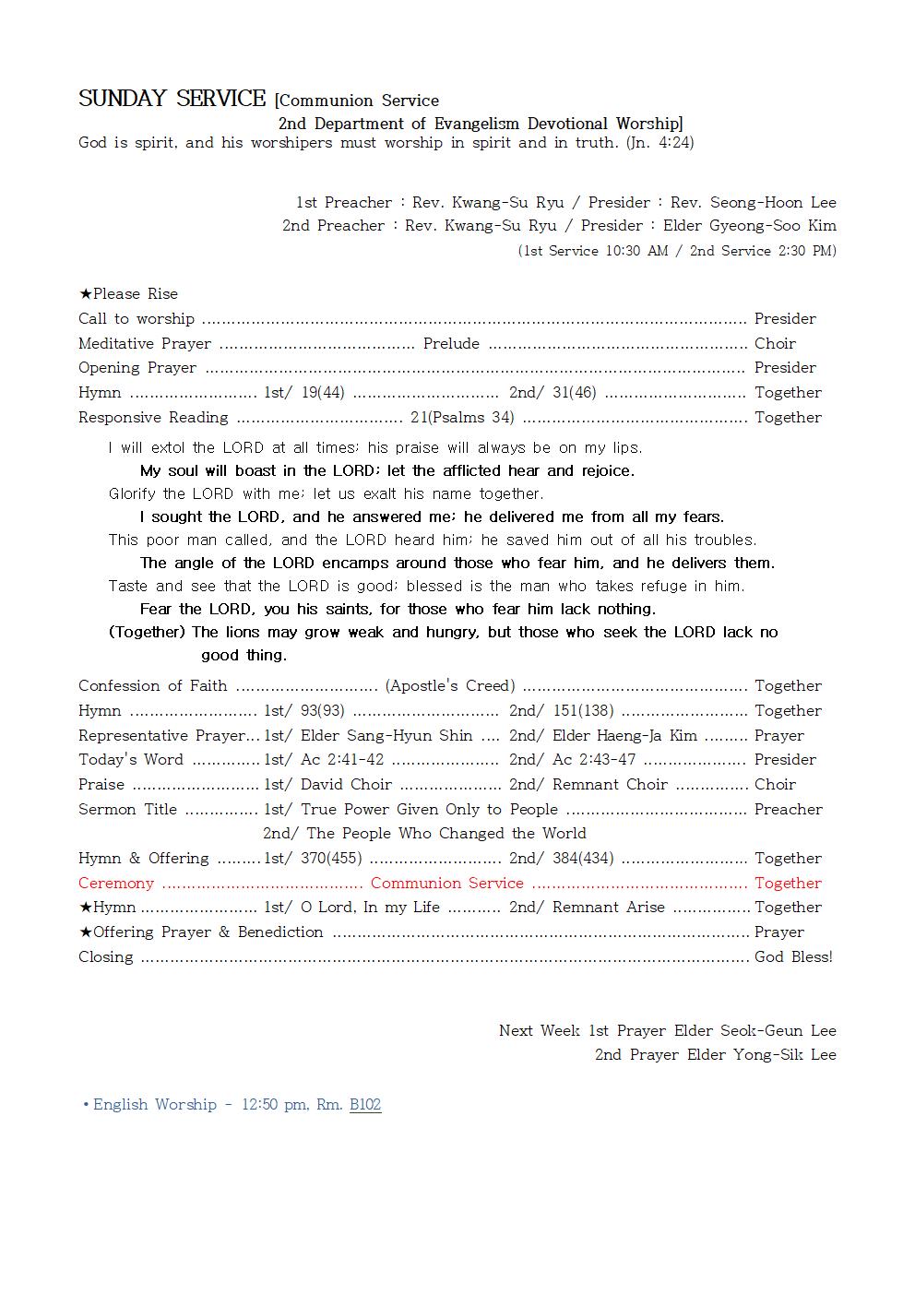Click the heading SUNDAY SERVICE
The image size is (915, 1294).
pyautogui.click(x=172, y=99)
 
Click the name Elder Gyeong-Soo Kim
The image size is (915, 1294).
pyautogui.click(x=749, y=225)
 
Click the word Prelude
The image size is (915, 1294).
pyautogui.click(x=451, y=343)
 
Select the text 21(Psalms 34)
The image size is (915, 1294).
pyautogui.click(x=462, y=417)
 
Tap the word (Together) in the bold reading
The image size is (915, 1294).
pyautogui.click(x=148, y=632)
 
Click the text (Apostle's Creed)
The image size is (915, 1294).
pyautogui.click(x=450, y=685)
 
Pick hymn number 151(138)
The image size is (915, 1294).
pyautogui.click(x=583, y=710)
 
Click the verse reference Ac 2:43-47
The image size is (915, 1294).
pyautogui.click(x=594, y=759)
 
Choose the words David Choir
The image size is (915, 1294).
pyautogui.click(x=346, y=784)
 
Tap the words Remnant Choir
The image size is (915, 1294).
pyautogui.click(x=610, y=784)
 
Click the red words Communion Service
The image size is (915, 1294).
pyautogui.click(x=446, y=883)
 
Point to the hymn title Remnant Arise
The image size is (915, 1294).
pyautogui.click(x=608, y=907)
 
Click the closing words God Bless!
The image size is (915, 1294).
pyautogui.click(x=792, y=956)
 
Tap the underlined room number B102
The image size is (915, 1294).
pyautogui.click(x=365, y=1104)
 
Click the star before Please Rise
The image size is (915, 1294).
pyautogui.click(x=85, y=293)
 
